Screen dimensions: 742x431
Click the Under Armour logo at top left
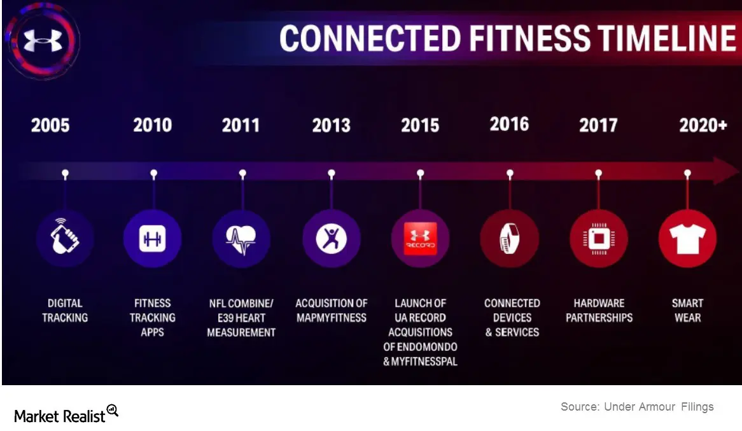tap(43, 40)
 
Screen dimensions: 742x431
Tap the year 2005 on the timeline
tap(50, 125)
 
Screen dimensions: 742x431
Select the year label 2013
tap(332, 125)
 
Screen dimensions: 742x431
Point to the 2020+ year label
tap(703, 125)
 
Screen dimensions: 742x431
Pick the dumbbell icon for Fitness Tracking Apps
tap(152, 239)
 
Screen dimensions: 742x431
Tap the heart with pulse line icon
tap(241, 239)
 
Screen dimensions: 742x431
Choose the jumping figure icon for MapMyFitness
tap(332, 238)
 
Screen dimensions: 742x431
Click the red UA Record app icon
tap(420, 238)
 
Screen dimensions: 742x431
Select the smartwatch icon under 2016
tap(510, 238)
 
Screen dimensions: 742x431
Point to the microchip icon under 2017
tap(599, 239)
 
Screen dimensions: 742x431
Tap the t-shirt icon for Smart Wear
tap(687, 239)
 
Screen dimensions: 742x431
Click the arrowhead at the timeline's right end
tap(726, 171)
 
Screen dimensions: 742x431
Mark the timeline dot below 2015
tap(420, 173)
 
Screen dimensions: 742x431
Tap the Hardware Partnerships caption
tap(599, 310)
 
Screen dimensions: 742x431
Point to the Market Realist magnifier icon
tap(113, 410)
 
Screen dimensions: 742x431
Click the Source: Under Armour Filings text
tap(637, 406)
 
